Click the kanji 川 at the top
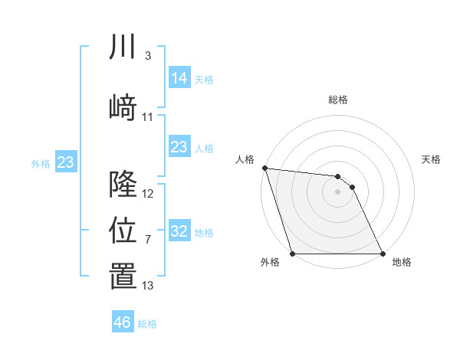click(x=123, y=47)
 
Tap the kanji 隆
click(x=123, y=184)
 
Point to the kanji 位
click(x=123, y=230)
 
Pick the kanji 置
click(x=123, y=277)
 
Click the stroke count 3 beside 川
click(x=148, y=56)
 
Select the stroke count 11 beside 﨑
click(x=148, y=117)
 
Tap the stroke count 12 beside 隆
click(x=148, y=194)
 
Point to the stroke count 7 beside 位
click(x=148, y=240)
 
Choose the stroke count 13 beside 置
click(x=148, y=286)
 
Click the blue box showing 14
click(x=179, y=77)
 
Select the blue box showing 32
click(x=179, y=231)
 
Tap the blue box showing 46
click(x=123, y=322)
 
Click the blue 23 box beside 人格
click(x=179, y=146)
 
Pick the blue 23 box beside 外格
click(x=65, y=162)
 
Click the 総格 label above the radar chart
click(x=338, y=100)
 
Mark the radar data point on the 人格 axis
click(x=264, y=168)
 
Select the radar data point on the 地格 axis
click(x=383, y=254)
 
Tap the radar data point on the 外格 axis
click(x=292, y=254)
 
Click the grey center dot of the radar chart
click(x=337, y=191)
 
